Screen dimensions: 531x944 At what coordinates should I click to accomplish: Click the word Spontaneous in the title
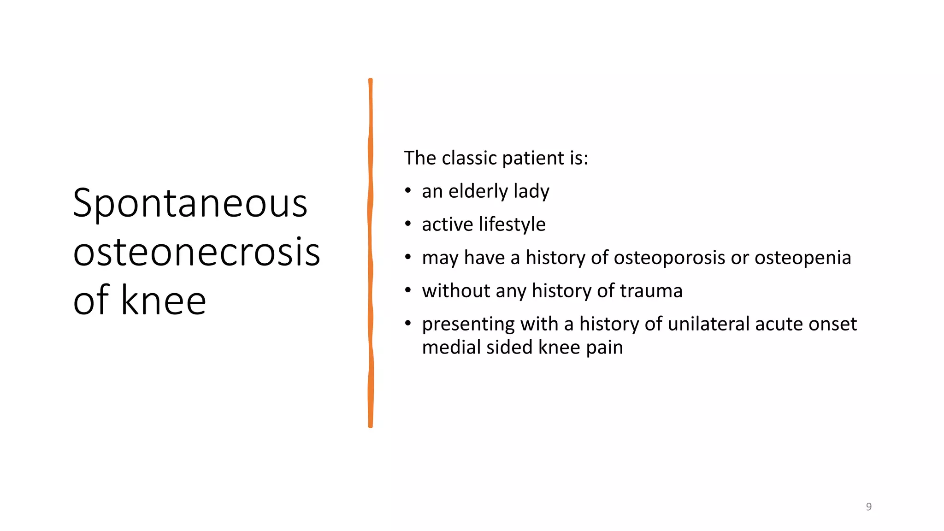point(190,204)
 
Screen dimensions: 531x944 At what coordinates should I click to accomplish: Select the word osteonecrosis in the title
point(196,252)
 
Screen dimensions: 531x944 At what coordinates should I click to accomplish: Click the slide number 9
point(868,507)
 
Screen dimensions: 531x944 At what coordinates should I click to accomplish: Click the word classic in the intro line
point(469,158)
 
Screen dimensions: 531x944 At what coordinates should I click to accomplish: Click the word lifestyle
point(512,224)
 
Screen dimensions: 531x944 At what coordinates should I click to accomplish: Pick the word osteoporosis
point(669,258)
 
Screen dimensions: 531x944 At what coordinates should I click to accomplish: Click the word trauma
point(651,291)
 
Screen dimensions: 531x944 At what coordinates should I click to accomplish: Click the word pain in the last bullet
point(604,347)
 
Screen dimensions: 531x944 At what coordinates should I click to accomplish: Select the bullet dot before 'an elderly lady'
point(408,190)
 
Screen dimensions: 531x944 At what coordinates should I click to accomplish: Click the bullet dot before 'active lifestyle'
point(408,224)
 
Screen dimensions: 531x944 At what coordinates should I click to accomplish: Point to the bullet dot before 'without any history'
point(408,290)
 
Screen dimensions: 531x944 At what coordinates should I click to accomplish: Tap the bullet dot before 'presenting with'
point(408,323)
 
